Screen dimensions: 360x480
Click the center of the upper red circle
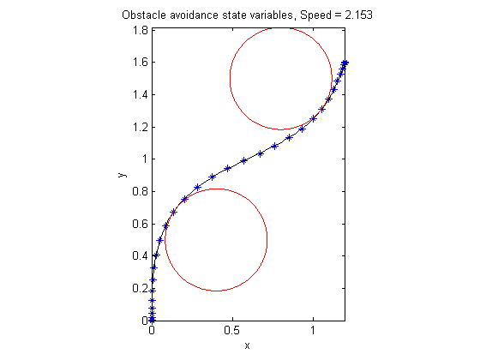click(281, 78)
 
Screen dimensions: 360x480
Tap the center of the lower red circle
click(216, 239)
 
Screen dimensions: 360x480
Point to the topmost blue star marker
click(345, 63)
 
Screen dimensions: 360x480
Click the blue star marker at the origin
click(152, 320)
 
